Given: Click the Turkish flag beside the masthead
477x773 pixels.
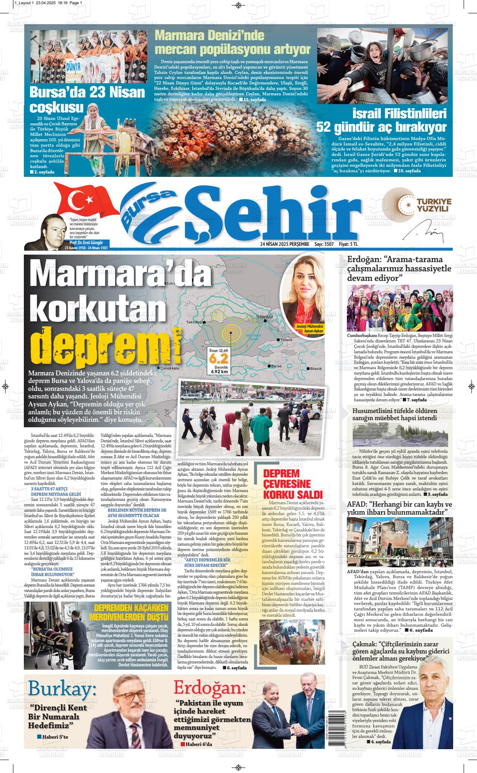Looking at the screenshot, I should tap(86, 200).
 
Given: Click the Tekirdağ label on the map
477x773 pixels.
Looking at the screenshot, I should tap(194, 322).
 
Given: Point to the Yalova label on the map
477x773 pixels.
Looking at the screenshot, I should tap(287, 340).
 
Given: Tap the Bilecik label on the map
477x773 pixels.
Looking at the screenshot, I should tap(316, 369).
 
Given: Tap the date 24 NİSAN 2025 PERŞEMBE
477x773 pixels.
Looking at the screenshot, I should tap(284, 244).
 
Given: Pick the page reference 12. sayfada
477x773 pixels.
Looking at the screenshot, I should tap(252, 100).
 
